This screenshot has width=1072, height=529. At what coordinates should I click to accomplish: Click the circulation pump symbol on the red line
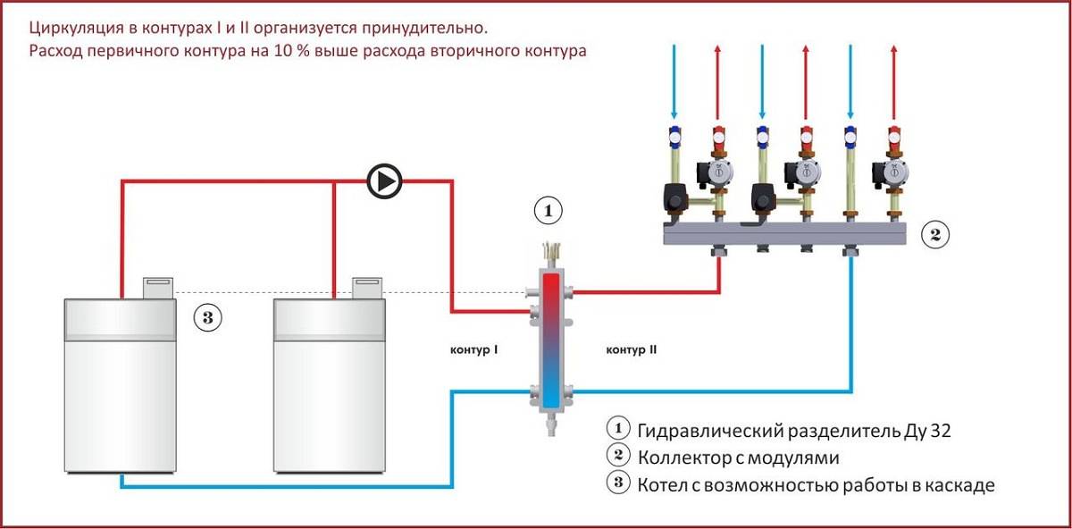click(x=385, y=181)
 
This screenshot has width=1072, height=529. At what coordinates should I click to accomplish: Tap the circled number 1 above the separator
click(x=549, y=212)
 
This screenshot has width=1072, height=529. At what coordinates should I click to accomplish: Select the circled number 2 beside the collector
click(x=934, y=235)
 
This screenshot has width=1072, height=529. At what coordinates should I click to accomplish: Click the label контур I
click(x=473, y=350)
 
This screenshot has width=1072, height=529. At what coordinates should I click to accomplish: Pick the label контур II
click(x=632, y=350)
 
